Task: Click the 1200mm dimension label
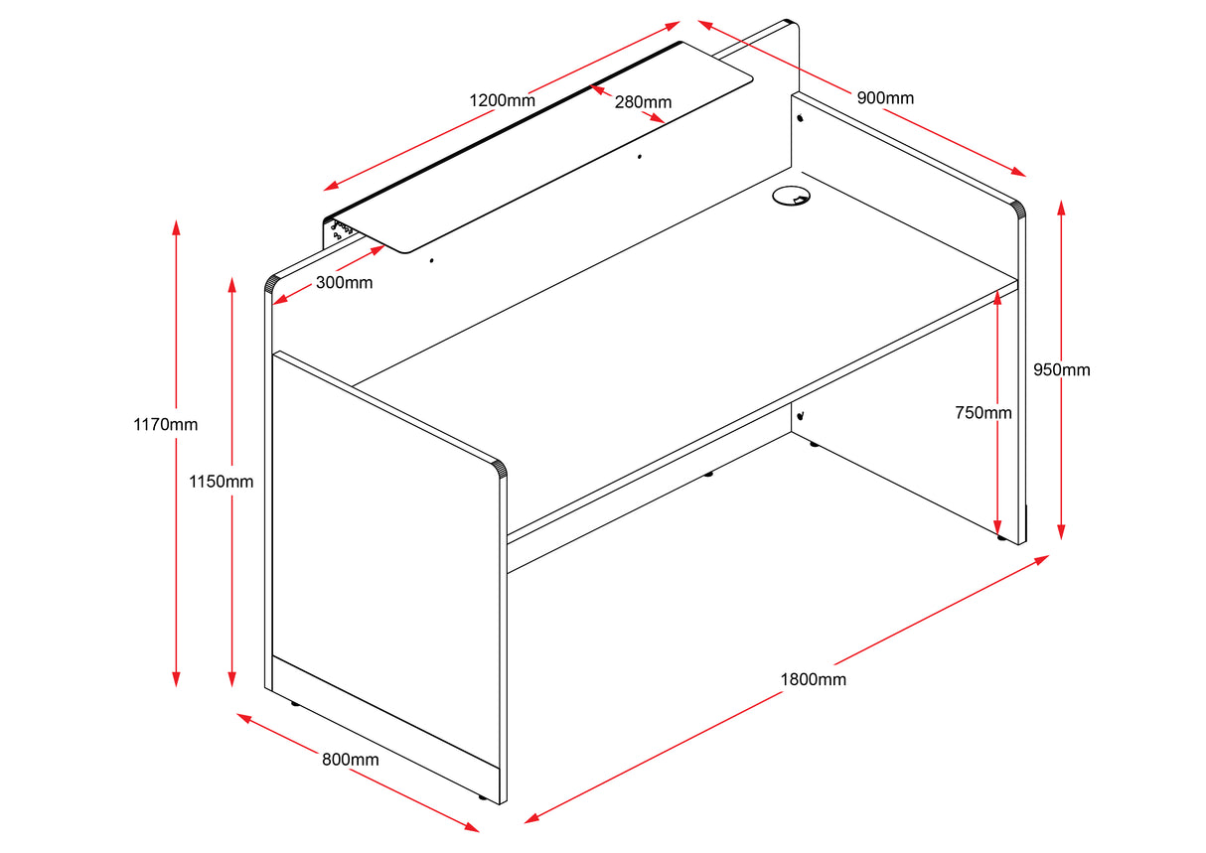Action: pyautogui.click(x=502, y=100)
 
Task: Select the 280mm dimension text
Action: pyautogui.click(x=643, y=102)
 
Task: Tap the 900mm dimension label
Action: pyautogui.click(x=885, y=97)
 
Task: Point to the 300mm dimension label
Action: pyautogui.click(x=345, y=283)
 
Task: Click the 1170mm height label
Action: pyautogui.click(x=166, y=425)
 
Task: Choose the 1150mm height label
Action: pyautogui.click(x=222, y=482)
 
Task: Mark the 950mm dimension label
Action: pyautogui.click(x=1061, y=369)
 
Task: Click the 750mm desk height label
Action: pyautogui.click(x=983, y=412)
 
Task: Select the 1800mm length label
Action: pyautogui.click(x=813, y=680)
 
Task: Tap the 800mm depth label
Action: pyautogui.click(x=351, y=760)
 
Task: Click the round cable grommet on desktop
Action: pyautogui.click(x=791, y=196)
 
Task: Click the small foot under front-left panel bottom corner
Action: pyautogui.click(x=483, y=797)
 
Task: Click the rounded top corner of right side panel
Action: pyautogui.click(x=1015, y=208)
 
